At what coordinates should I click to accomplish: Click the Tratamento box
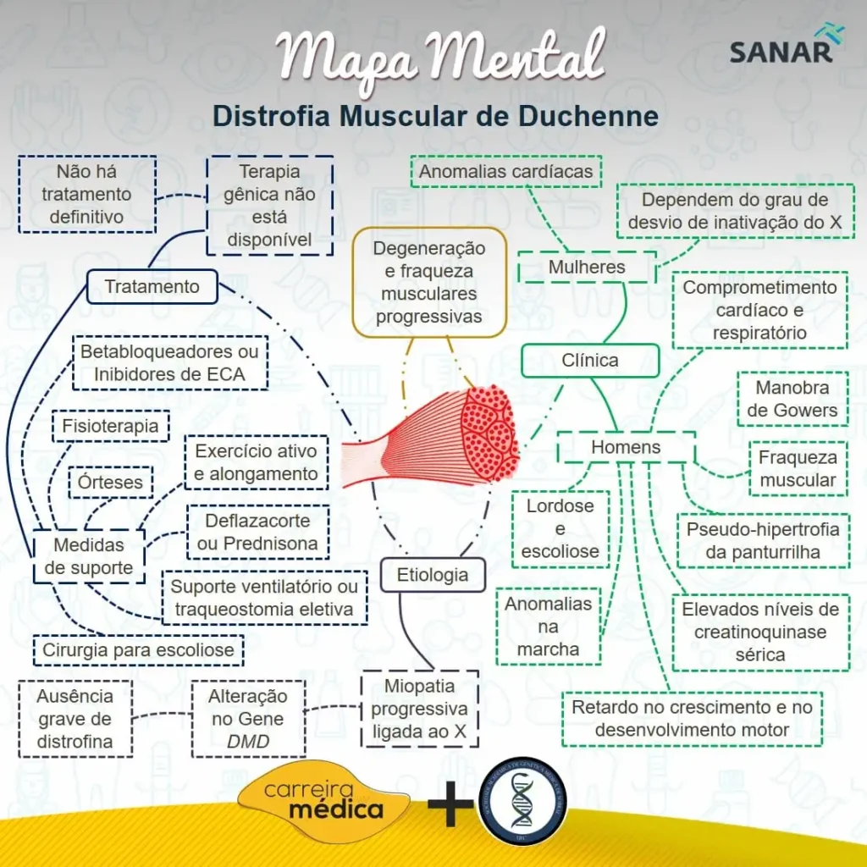click(x=152, y=287)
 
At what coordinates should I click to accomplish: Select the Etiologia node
click(x=433, y=575)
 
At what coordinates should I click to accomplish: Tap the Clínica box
click(x=590, y=361)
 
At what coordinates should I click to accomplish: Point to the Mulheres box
click(x=587, y=268)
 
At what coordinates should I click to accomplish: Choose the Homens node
click(x=626, y=447)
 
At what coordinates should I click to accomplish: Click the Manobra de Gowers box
click(x=792, y=400)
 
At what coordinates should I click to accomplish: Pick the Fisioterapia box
click(x=110, y=427)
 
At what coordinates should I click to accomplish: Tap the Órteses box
click(x=110, y=483)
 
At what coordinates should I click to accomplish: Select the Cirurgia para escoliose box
click(x=138, y=651)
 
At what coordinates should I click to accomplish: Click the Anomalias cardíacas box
click(x=505, y=172)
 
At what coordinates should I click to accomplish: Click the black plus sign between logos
click(x=450, y=805)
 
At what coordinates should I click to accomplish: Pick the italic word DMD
click(x=248, y=743)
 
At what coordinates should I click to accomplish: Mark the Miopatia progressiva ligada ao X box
click(x=419, y=709)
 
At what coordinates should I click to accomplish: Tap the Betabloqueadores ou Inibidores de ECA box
click(x=170, y=363)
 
